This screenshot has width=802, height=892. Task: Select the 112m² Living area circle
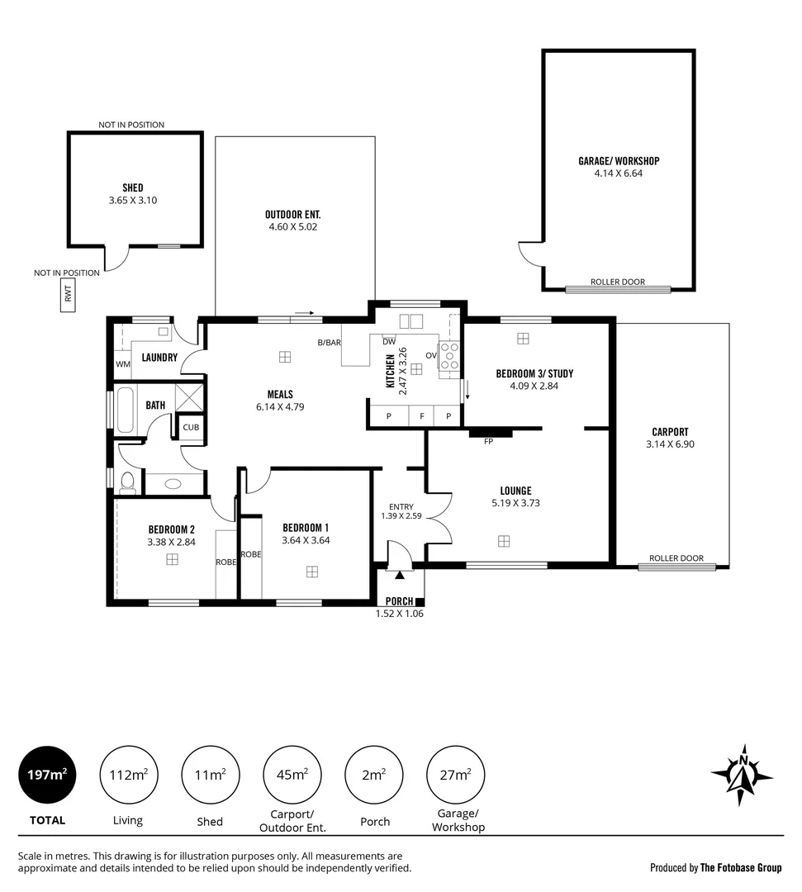(x=128, y=775)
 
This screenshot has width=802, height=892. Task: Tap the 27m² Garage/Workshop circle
(x=455, y=775)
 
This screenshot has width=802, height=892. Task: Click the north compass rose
(x=742, y=775)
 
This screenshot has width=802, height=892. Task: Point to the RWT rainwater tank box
(x=68, y=295)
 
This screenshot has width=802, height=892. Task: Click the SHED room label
(x=132, y=188)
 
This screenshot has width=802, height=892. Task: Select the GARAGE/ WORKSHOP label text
(x=618, y=161)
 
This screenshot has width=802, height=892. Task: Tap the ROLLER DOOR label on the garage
(x=617, y=282)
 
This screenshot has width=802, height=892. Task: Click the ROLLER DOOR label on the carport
(x=676, y=559)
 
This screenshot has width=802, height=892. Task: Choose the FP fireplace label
(x=489, y=442)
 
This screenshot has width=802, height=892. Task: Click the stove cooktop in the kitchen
(x=450, y=356)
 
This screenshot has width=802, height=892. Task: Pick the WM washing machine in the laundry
(x=123, y=364)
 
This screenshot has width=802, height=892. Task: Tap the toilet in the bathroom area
(x=127, y=482)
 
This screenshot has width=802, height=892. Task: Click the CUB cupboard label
(x=191, y=427)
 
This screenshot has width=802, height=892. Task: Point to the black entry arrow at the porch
(x=400, y=573)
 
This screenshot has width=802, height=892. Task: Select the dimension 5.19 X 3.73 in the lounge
(x=515, y=503)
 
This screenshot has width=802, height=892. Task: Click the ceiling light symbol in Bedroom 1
(x=312, y=571)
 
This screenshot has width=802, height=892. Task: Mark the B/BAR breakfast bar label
(x=330, y=343)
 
